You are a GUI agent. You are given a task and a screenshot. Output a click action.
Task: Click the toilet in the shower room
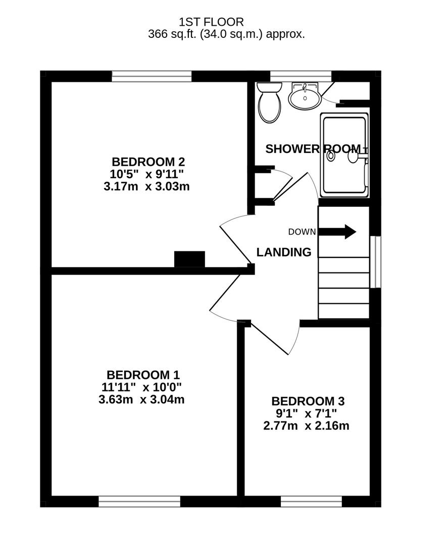tap(270, 102)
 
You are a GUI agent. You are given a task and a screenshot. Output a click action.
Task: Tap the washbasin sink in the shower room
tap(305, 95)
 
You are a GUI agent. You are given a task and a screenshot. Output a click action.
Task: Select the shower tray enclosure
tap(344, 155)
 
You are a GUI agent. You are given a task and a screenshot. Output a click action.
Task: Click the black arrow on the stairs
tap(337, 232)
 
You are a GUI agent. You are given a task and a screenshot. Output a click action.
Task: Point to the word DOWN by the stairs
tap(302, 232)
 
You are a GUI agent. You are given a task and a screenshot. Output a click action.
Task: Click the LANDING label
tap(284, 252)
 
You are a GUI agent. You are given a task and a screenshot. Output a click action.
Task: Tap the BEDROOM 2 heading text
tap(148, 161)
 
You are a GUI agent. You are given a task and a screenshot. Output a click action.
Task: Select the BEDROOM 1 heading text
tap(143, 374)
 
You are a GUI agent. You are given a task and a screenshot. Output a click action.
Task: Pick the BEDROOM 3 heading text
tap(308, 401)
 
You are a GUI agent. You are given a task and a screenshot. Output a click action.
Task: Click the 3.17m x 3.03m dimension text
tap(146, 186)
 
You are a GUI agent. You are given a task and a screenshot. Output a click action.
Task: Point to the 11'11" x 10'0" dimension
tap(141, 387)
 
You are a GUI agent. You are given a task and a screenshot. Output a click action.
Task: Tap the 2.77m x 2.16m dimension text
tap(306, 425)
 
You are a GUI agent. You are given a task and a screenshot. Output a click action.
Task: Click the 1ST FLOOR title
tap(211, 22)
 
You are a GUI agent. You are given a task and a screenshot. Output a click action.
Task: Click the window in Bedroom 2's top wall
tap(152, 77)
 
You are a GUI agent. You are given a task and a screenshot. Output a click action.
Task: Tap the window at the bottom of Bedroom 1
tap(139, 502)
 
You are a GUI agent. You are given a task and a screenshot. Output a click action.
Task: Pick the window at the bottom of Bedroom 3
tap(312, 502)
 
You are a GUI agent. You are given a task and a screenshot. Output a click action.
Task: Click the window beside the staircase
tap(375, 262)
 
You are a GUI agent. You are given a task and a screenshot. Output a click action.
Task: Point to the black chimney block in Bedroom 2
tap(189, 259)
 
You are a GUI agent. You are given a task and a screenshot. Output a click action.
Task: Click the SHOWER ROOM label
tap(313, 149)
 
